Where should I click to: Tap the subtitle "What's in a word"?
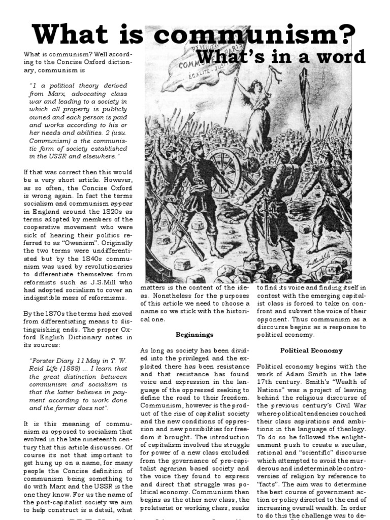coord(281,57)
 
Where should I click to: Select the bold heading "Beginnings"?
coord(194,335)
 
